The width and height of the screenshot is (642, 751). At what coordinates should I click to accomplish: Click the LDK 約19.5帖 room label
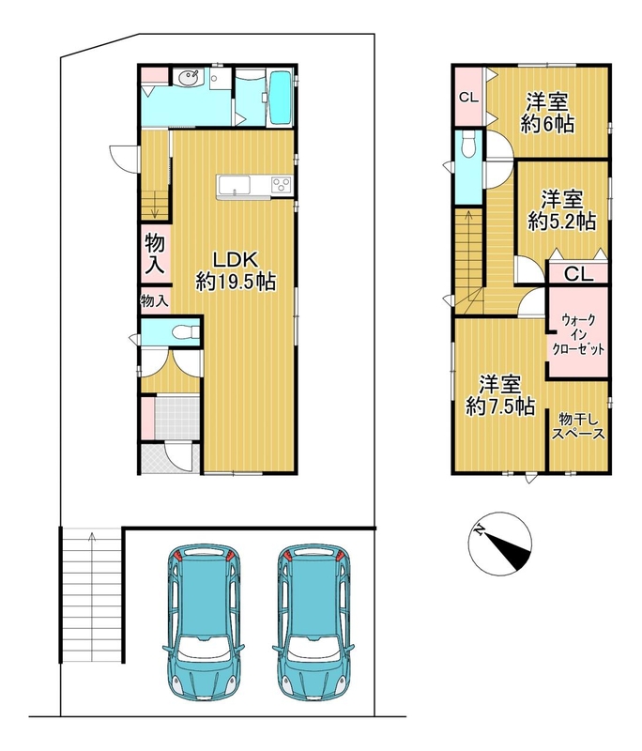coord(236,270)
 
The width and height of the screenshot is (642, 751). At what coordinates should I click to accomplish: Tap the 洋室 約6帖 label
coord(547,113)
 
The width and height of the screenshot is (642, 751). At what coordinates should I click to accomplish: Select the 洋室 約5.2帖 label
coord(562,209)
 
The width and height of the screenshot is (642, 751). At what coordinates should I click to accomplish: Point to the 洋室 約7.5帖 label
coord(500,395)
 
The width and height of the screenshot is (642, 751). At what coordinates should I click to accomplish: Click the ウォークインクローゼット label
coord(579,334)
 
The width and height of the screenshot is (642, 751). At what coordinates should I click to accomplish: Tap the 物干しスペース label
coord(579,427)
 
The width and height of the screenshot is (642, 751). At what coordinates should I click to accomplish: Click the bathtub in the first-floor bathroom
coord(280,98)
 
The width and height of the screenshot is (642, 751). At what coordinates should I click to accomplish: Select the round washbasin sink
coord(190,78)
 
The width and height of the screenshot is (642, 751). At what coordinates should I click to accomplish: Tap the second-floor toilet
coord(467,144)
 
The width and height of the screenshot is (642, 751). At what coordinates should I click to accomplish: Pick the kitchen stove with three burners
coord(282,185)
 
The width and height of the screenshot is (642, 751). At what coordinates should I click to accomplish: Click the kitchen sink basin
coord(234,184)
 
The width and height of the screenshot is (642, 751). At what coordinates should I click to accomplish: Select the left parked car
coord(203,621)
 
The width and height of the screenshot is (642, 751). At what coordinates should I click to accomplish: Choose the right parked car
coord(313,621)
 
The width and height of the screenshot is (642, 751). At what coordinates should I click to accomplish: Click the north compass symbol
coord(500,544)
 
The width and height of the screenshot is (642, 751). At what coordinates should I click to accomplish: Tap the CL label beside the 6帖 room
coord(468,98)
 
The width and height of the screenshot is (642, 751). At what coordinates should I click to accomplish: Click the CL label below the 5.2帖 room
coord(578,274)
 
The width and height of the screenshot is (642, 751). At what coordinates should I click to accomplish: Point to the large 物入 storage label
coord(155,254)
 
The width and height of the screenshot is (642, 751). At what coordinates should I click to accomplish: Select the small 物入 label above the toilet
coord(155,301)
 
